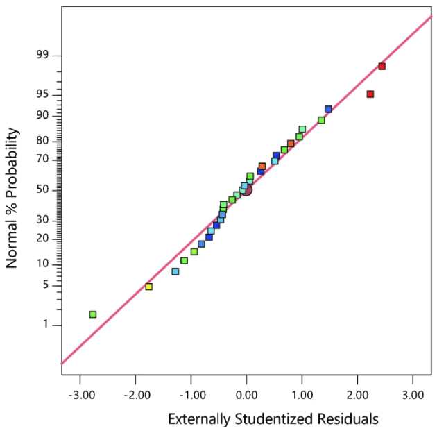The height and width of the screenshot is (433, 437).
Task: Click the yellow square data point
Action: point(148,287)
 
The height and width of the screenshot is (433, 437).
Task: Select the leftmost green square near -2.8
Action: point(93,314)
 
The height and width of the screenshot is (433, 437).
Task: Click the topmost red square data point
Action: point(382,67)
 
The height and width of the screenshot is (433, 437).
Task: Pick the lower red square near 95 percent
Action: point(370,94)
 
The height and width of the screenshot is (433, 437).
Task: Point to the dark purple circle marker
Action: point(246,189)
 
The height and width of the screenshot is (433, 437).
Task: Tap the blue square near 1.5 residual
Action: point(328,109)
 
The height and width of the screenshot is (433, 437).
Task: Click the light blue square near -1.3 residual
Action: point(175,271)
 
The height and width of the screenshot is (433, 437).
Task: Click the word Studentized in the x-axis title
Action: point(275,419)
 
